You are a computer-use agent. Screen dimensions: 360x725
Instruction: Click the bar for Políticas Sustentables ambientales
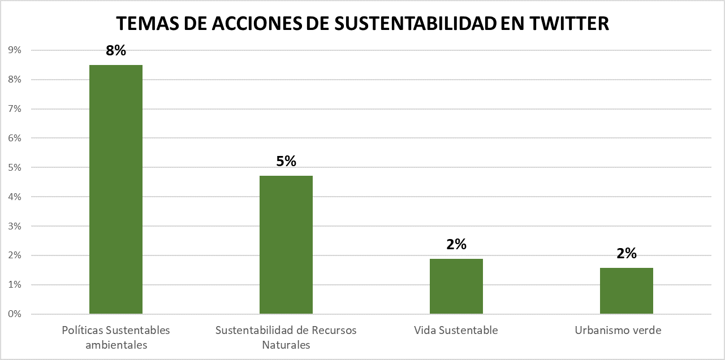(116, 189)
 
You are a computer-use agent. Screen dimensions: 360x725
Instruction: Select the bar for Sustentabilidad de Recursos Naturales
(286, 245)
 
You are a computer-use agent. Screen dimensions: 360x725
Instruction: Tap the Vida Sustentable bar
(456, 286)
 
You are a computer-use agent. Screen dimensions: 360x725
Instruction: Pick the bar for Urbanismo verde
(627, 290)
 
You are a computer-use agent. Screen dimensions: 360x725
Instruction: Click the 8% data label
(116, 50)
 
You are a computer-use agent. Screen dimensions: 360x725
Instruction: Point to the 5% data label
(286, 161)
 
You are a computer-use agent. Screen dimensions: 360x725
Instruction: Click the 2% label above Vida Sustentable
(456, 244)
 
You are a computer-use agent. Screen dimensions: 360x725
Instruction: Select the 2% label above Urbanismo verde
(627, 253)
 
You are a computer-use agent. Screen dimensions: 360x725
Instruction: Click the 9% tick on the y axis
(15, 50)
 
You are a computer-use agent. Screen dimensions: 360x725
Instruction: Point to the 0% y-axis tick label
(15, 314)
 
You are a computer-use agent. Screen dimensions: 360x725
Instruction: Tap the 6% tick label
(15, 138)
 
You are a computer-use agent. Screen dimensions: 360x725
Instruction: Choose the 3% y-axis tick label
(15, 226)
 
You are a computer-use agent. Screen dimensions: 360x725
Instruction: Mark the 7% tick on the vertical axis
(15, 109)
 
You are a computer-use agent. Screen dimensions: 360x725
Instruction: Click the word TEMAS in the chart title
(145, 23)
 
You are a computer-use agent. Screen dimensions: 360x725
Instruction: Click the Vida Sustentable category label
(456, 330)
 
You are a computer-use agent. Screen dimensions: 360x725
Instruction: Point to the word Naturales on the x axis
(286, 345)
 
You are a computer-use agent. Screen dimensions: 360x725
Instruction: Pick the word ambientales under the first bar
(116, 345)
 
